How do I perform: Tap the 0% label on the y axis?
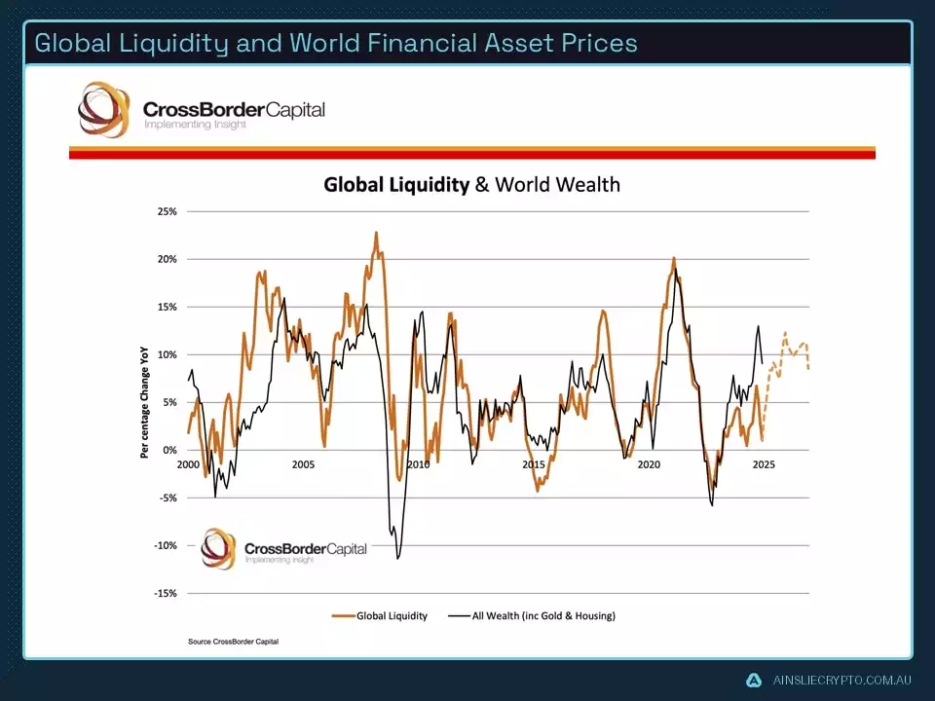(x=169, y=451)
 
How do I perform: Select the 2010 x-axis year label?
(x=418, y=464)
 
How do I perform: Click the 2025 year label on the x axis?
(x=764, y=464)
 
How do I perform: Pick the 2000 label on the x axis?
(x=188, y=464)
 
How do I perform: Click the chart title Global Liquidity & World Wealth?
(x=471, y=185)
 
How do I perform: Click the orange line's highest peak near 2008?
(x=376, y=233)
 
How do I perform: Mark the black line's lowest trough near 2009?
(x=397, y=558)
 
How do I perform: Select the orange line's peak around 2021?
(x=674, y=258)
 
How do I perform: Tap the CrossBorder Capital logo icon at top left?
(x=103, y=109)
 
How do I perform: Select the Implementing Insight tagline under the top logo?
(x=195, y=125)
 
